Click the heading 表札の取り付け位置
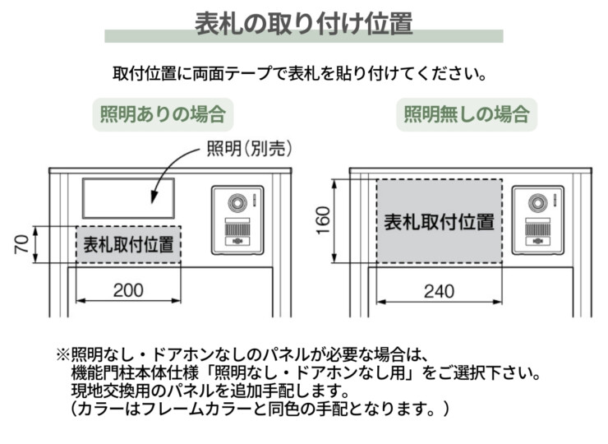click(x=303, y=24)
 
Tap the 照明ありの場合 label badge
click(x=162, y=113)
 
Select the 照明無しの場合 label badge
click(x=466, y=113)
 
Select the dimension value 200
click(x=128, y=290)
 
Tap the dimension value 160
click(x=323, y=220)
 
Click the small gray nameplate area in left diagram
click(x=128, y=244)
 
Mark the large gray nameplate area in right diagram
click(x=439, y=221)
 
